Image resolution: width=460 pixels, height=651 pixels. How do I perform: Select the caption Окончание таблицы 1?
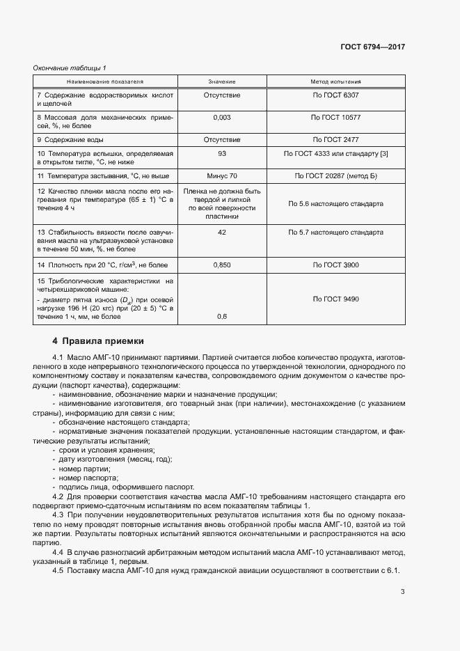(70, 68)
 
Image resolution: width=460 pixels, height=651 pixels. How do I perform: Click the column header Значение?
(222, 81)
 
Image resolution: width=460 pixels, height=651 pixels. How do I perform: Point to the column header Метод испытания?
(335, 81)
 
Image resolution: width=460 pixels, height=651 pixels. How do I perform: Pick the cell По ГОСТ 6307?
(335, 95)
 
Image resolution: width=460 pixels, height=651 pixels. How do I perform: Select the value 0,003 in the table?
(222, 118)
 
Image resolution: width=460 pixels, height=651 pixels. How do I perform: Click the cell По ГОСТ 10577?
(335, 118)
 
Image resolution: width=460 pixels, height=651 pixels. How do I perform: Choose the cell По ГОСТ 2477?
(335, 139)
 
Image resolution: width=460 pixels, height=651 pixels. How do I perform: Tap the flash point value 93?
(222, 153)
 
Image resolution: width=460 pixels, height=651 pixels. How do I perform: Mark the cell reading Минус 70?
(222, 176)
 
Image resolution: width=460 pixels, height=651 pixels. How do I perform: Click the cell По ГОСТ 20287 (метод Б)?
(335, 176)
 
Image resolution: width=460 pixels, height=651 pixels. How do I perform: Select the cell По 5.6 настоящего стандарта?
(335, 204)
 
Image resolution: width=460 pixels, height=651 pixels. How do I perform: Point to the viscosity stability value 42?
(222, 232)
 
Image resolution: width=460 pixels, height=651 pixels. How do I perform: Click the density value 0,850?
(222, 265)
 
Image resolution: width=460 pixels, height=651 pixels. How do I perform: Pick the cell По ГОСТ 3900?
(335, 265)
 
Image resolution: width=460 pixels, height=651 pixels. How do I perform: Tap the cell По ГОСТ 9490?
(335, 299)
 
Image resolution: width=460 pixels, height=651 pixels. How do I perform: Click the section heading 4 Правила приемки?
(98, 341)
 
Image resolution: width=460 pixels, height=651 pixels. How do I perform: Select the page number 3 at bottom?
(402, 593)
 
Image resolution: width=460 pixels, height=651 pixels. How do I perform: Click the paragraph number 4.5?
(58, 571)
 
